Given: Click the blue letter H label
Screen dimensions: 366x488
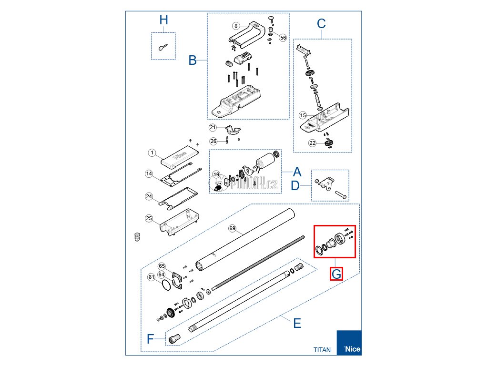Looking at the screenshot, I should point(164,20).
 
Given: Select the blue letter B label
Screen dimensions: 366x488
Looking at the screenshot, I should point(193,61).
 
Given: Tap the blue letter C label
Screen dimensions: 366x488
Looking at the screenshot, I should point(321,23).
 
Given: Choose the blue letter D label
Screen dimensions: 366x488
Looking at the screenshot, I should point(295,185).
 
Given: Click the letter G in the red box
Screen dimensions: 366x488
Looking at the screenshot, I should point(336,274).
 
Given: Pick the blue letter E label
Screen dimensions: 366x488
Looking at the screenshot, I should point(297,324).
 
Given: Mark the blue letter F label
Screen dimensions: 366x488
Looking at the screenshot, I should point(150,339).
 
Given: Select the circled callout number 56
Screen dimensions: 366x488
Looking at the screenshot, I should point(283,38).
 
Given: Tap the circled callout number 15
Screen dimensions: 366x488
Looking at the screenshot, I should point(303,115).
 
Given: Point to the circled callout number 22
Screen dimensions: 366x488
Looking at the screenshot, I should point(312,143).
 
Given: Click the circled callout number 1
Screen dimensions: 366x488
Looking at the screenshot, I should point(152,153).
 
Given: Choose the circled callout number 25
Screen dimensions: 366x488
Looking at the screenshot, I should point(149,218).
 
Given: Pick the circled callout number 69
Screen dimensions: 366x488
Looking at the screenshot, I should point(233,229).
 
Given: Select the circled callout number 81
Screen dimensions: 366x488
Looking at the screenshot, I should point(152,277).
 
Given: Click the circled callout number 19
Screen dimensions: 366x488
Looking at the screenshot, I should point(216,175).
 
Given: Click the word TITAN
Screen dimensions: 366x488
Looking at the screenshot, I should point(322,349).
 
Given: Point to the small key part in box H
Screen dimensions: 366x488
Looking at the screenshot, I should point(163,46).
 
